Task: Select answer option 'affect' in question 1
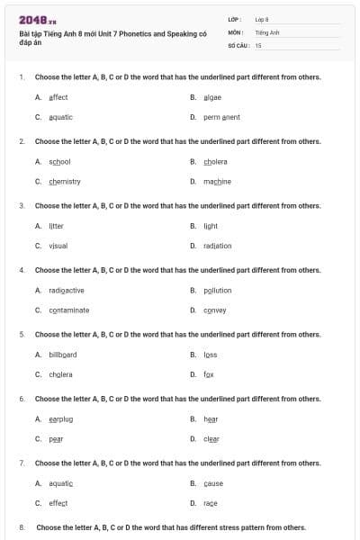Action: pyautogui.click(x=58, y=97)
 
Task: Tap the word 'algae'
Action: pyautogui.click(x=212, y=97)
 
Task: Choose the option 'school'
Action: pyautogui.click(x=59, y=162)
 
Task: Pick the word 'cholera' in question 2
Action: pyautogui.click(x=215, y=162)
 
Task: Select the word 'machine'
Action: pyautogui.click(x=217, y=181)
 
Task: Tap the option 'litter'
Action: pyautogui.click(x=56, y=226)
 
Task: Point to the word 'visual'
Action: pyautogui.click(x=58, y=245)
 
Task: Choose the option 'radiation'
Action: pyautogui.click(x=217, y=245)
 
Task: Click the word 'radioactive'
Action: pyautogui.click(x=67, y=291)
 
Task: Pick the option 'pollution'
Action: pyautogui.click(x=217, y=291)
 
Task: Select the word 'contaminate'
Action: pyautogui.click(x=68, y=310)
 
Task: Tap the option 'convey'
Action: pyautogui.click(x=214, y=310)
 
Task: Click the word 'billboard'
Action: pyautogui.click(x=63, y=355)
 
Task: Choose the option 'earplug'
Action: pyautogui.click(x=60, y=418)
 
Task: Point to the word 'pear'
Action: pyautogui.click(x=56, y=438)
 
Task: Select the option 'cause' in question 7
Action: pyautogui.click(x=213, y=483)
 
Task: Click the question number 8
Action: pyautogui.click(x=22, y=527)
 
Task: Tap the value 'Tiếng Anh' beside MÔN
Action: pyautogui.click(x=267, y=31)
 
